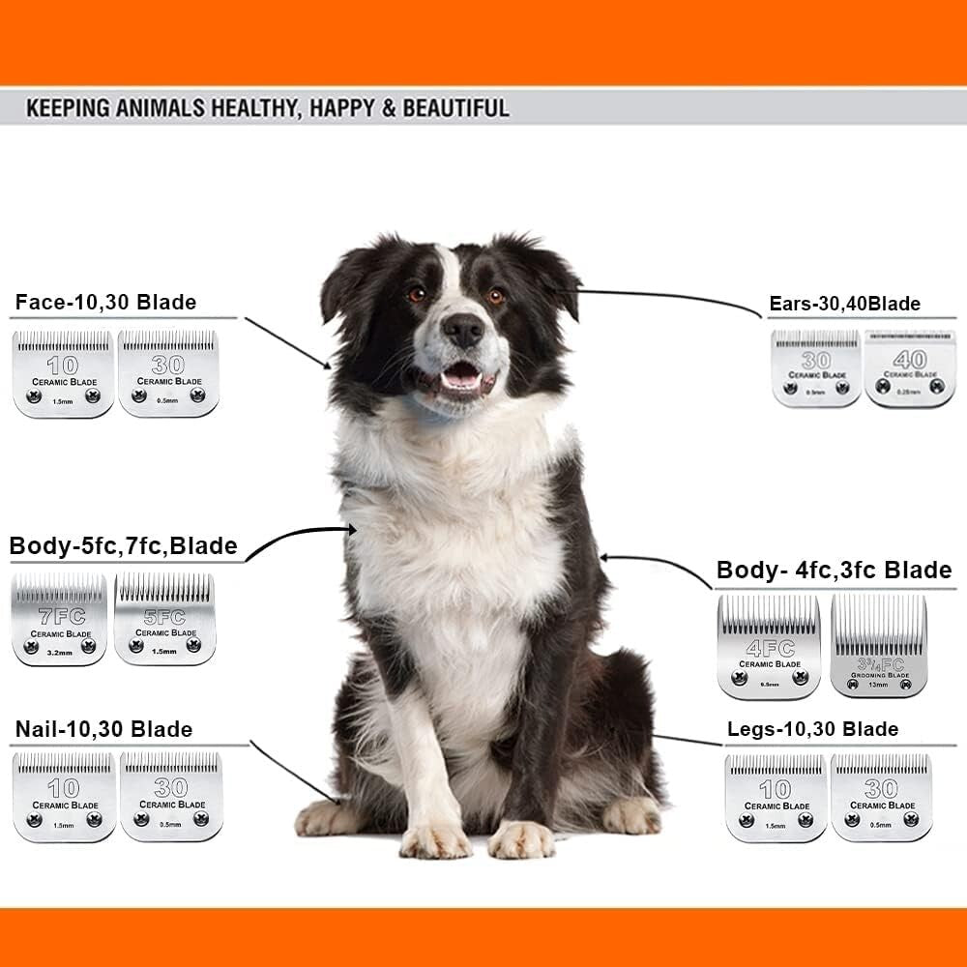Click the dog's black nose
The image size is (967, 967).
(x=463, y=331)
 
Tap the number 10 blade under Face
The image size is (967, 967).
(x=63, y=374)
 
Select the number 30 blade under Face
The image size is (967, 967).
(x=169, y=374)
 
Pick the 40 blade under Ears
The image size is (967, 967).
(x=909, y=368)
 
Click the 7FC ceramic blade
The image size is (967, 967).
(x=60, y=620)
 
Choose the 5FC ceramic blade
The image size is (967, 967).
(x=164, y=619)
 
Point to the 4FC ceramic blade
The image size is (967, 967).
(x=769, y=647)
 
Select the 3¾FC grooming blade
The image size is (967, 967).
(x=878, y=647)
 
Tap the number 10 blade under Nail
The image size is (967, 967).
(x=64, y=797)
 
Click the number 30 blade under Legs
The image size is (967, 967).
(x=881, y=797)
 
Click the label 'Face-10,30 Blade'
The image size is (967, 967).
(x=105, y=303)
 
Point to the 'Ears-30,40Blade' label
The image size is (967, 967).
(x=844, y=305)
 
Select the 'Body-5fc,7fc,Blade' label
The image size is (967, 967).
(x=123, y=546)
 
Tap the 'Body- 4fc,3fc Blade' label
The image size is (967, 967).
(x=834, y=571)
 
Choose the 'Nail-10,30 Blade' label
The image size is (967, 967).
(x=103, y=729)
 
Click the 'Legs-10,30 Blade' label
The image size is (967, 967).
(x=812, y=729)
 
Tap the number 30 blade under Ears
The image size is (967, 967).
(x=815, y=368)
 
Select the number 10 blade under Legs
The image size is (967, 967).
(x=776, y=797)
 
